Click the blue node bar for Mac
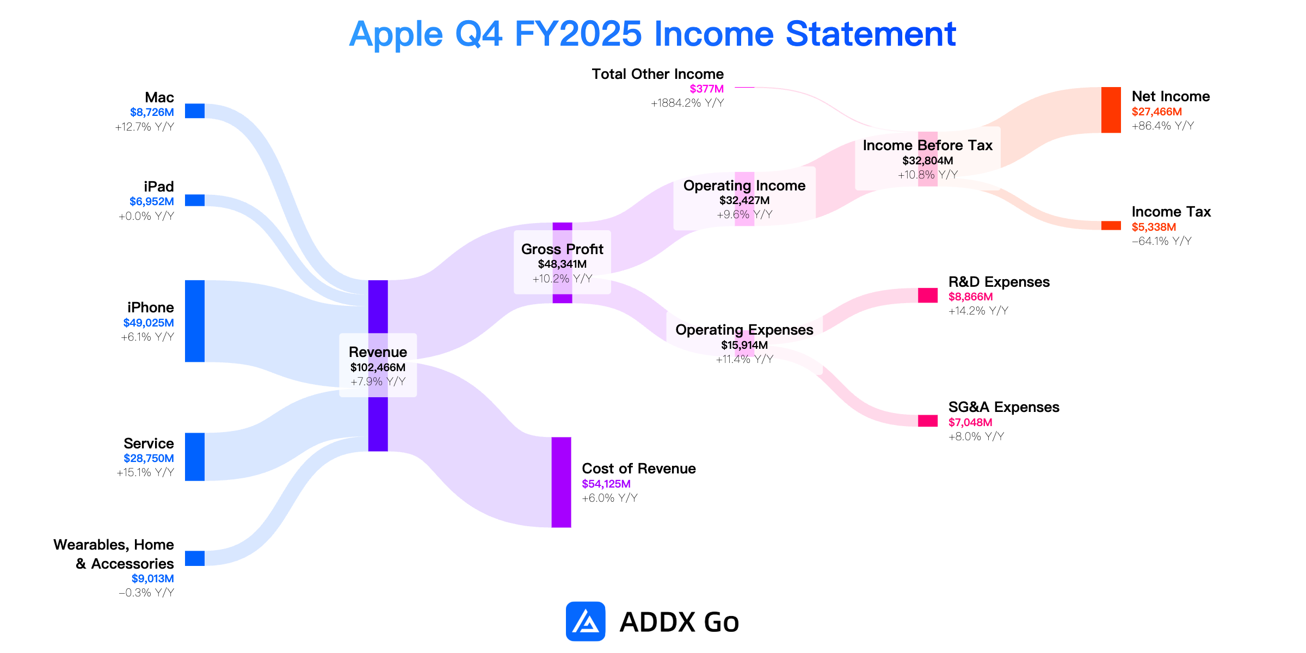tap(195, 111)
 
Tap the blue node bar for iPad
tap(195, 200)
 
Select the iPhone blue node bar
tap(195, 321)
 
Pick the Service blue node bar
tap(195, 457)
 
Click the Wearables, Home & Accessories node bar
tap(195, 558)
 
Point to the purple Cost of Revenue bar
tap(562, 482)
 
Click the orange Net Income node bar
tap(1111, 110)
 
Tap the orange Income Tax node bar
tap(1111, 225)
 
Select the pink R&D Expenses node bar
tap(928, 295)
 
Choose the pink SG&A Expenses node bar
tap(928, 421)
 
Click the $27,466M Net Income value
tap(1157, 112)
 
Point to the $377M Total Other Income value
tap(707, 89)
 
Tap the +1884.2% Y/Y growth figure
tap(687, 103)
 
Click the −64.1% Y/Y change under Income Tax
tap(1162, 241)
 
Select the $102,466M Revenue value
tap(378, 367)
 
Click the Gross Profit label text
tap(562, 249)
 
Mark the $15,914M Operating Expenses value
tap(744, 345)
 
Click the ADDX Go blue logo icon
tap(586, 621)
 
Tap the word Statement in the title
tap(871, 34)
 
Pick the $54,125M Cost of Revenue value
tap(606, 484)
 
